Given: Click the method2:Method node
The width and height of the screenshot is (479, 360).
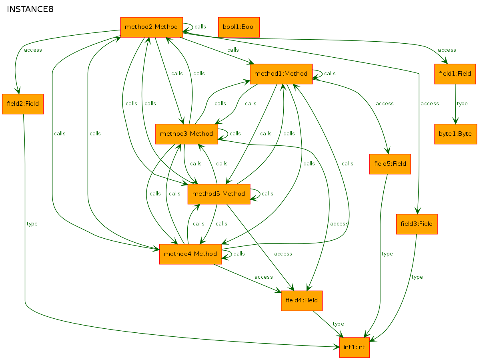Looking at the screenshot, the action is point(152,27).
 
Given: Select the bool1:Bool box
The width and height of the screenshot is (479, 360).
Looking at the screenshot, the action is point(238,27).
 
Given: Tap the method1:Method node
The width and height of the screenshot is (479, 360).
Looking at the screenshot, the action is point(281,74).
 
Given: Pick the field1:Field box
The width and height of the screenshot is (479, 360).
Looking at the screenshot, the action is point(455,74).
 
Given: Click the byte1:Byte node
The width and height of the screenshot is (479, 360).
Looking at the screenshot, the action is point(455,134).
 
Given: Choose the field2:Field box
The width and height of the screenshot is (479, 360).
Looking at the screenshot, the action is point(23,104).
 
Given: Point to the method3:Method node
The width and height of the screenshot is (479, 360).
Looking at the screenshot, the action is point(186,134).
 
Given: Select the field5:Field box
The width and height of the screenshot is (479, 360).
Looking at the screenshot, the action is point(390,164).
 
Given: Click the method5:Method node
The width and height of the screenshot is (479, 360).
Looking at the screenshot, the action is point(219,194).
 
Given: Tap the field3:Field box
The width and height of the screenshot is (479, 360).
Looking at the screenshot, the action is point(417,224).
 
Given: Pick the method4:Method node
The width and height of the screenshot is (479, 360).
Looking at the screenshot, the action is point(190,254).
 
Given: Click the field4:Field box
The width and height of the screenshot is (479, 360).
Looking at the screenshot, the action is point(301,301).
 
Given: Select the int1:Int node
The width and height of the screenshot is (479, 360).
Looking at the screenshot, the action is point(355,347).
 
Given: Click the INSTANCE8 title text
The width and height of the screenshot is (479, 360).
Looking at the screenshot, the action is point(30,10).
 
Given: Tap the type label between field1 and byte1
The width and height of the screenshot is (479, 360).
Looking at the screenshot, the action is point(462,104).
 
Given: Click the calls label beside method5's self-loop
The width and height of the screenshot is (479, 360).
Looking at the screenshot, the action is point(267,193).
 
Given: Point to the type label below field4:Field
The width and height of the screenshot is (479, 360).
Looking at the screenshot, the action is point(338,324).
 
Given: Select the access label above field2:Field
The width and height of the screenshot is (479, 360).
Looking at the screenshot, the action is point(33,50).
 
